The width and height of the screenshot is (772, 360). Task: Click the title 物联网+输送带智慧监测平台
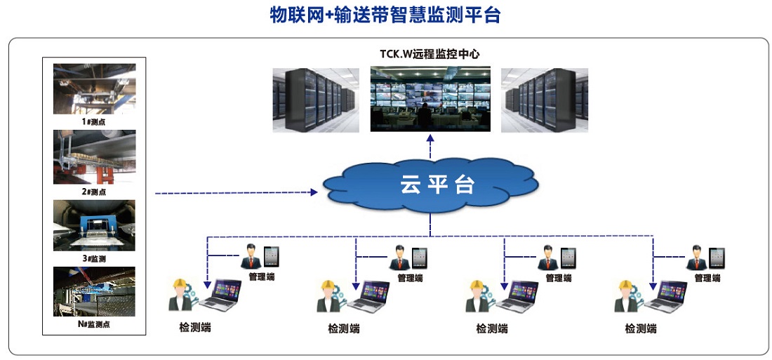[385, 15]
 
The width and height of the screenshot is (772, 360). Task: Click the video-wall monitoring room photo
[430, 98]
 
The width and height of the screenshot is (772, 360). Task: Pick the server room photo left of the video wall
[317, 100]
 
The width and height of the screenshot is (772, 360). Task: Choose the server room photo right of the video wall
[544, 100]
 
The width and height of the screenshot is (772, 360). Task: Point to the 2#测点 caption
[93, 191]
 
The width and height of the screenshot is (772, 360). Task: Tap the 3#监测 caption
[93, 258]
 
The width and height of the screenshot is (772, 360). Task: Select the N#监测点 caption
[93, 324]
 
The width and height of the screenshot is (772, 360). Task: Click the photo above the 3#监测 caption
[94, 225]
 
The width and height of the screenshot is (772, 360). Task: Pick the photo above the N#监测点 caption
[94, 291]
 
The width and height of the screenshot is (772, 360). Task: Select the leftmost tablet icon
[272, 257]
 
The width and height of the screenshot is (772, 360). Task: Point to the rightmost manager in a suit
[696, 257]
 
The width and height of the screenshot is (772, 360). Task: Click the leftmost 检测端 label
[195, 327]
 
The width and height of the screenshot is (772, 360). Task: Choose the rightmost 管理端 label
[707, 278]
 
